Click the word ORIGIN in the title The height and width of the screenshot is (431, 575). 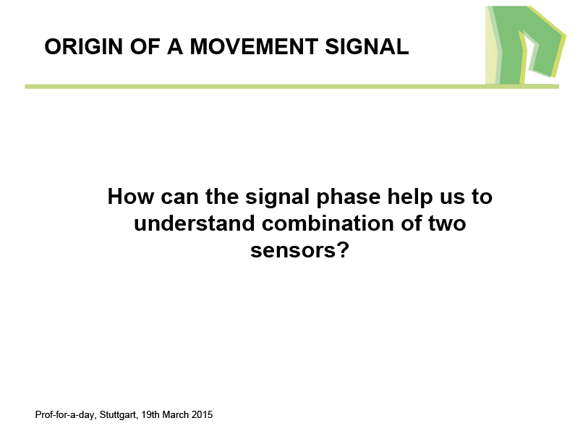click(x=84, y=46)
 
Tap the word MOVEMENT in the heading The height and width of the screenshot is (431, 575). click(x=254, y=46)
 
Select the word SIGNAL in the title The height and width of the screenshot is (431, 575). click(x=367, y=46)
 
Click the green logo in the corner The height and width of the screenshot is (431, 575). click(x=526, y=45)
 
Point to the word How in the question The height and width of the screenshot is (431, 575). click(x=130, y=197)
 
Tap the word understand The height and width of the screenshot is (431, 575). click(x=194, y=223)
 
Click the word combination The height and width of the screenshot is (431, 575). click(x=328, y=223)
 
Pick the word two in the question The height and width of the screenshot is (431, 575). click(x=447, y=224)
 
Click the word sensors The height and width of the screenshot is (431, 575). click(x=292, y=251)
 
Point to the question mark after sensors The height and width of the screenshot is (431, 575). click(x=343, y=250)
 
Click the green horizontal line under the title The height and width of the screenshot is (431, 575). click(x=292, y=87)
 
